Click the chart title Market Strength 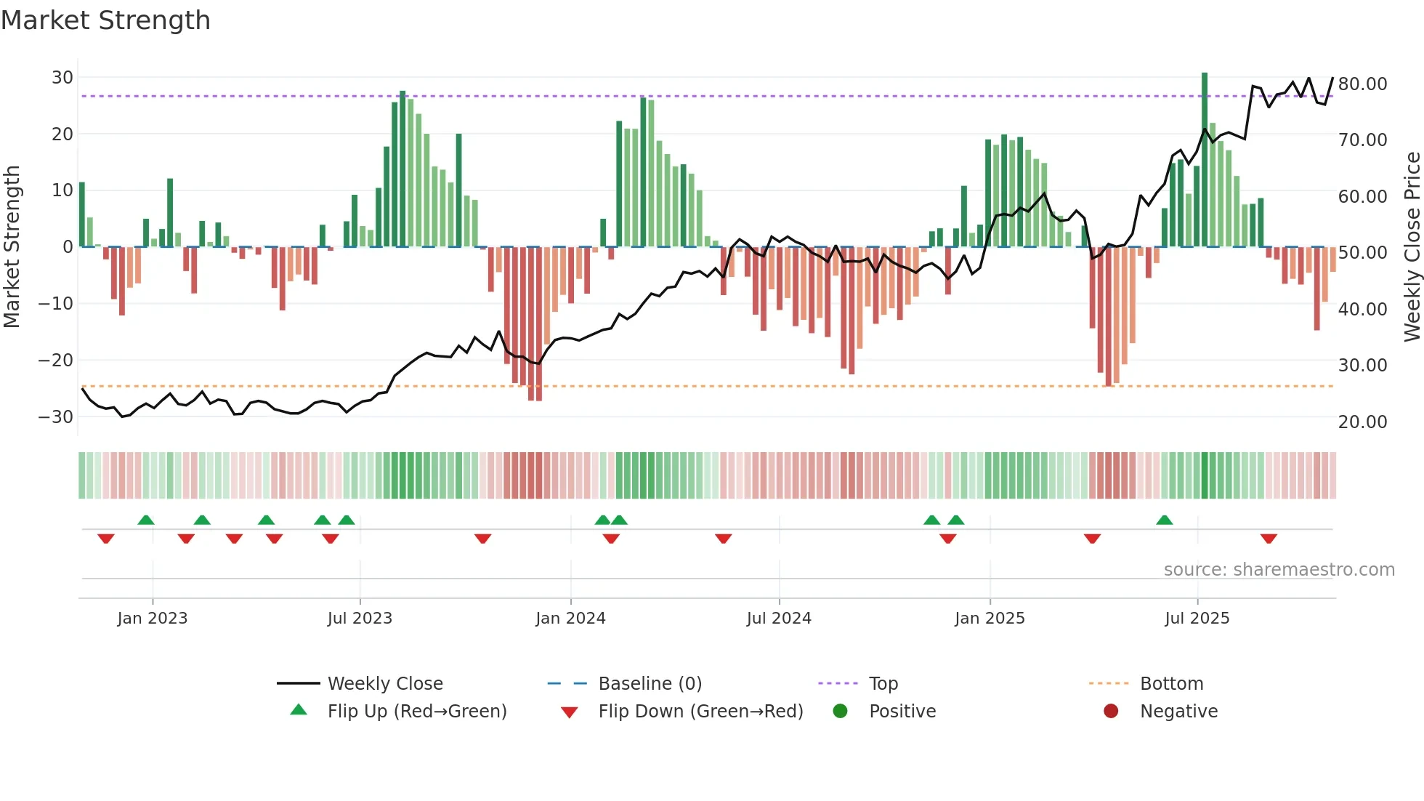coord(105,20)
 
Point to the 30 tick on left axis coord(62,78)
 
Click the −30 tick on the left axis coord(56,417)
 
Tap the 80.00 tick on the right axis coord(1362,84)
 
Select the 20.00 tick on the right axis coord(1362,422)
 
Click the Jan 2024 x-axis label coord(570,619)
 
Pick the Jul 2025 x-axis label coord(1197,619)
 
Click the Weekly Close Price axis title coord(1412,247)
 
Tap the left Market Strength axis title coord(12,247)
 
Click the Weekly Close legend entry coord(384,684)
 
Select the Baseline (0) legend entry coord(650,684)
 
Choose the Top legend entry coord(883,684)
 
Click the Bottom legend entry coord(1171,684)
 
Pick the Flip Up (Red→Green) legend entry coord(416,712)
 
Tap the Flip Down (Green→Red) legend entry coord(700,712)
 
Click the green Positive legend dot coord(841,712)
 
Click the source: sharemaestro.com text coord(1279,570)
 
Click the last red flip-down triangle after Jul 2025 coord(1269,539)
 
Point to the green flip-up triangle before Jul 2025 coord(1164,520)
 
